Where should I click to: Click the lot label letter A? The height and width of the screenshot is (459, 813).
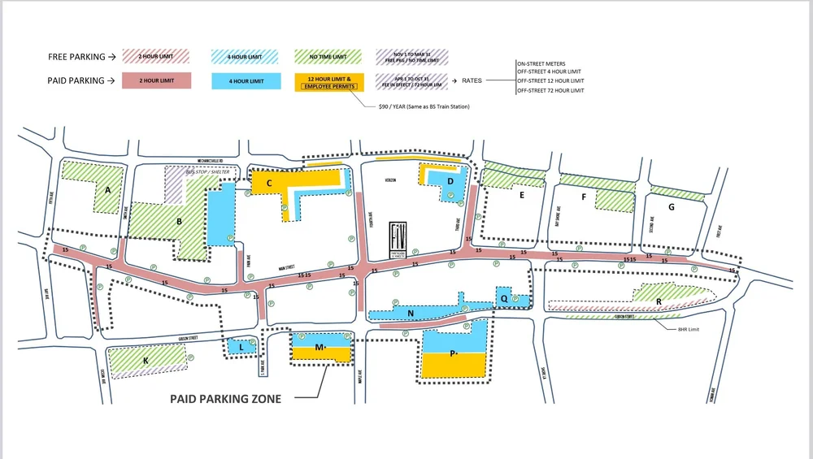[x=107, y=190]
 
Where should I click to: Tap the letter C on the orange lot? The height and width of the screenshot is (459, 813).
[x=269, y=184]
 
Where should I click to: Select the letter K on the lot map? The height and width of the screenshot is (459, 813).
[x=146, y=360]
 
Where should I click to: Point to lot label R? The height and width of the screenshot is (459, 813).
[x=658, y=302]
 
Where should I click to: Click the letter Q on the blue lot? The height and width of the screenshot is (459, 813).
[x=504, y=298]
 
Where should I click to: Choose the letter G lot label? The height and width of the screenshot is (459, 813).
[x=671, y=207]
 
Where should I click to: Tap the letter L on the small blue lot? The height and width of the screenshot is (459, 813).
[x=241, y=347]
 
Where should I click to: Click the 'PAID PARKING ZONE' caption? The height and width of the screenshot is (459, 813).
[x=225, y=399]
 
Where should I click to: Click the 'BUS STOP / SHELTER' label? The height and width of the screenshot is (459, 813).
[x=203, y=173]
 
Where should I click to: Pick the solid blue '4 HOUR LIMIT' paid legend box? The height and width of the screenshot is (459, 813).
[x=246, y=80]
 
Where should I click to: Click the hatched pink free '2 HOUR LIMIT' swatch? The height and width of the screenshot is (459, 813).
[x=156, y=57]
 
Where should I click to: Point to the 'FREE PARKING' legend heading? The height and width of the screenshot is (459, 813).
[x=76, y=57]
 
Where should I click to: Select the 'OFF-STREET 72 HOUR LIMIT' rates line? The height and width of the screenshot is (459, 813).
[x=550, y=90]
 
